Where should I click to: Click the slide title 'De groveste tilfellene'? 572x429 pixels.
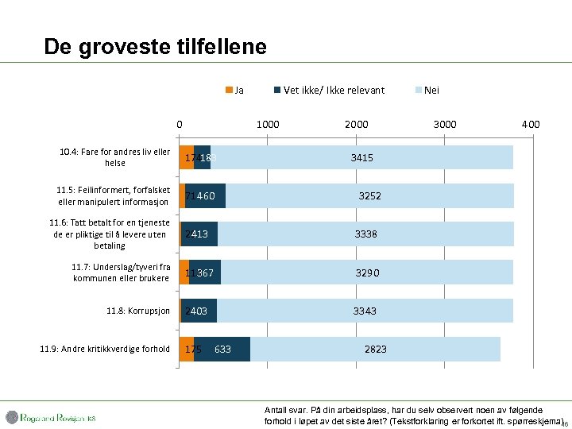coord(155,46)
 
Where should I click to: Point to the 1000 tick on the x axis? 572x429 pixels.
coord(267,124)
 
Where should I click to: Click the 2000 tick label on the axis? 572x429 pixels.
coord(356,124)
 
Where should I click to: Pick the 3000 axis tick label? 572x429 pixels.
coord(444,124)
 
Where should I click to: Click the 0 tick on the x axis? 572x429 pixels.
coord(180,124)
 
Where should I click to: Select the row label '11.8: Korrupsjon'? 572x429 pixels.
coord(138,311)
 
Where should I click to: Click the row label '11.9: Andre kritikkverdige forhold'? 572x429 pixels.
coord(105,349)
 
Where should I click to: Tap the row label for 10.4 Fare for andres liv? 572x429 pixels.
coord(114,157)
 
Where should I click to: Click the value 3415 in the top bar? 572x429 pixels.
coord(361,158)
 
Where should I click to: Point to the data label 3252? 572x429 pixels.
coord(369,195)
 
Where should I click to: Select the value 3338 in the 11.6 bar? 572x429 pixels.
coord(365,234)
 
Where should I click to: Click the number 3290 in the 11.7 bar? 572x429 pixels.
coord(367,272)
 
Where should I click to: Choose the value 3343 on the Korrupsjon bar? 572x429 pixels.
coord(365,311)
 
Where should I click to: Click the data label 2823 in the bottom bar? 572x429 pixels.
coord(376,349)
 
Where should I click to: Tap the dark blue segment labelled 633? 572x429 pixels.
coord(223,349)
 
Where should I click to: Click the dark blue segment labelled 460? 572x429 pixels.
coord(207,195)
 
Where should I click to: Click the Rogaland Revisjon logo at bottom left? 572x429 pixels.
coord(51,417)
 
